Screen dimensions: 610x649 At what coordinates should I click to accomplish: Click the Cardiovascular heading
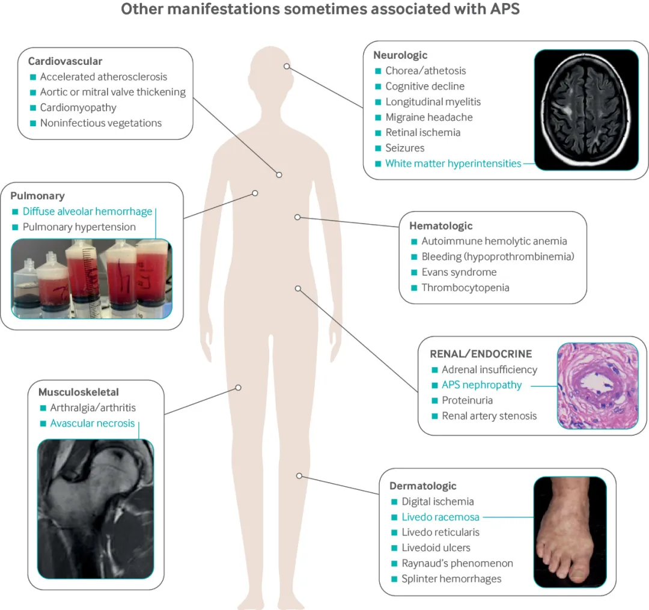tap(65, 61)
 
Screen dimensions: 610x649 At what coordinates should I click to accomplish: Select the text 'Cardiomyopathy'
tap(78, 108)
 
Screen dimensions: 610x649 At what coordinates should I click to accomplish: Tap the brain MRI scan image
tap(586, 109)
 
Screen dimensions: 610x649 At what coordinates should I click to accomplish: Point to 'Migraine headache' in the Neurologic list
tap(429, 117)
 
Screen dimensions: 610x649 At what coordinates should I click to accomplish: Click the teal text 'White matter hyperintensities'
tap(453, 163)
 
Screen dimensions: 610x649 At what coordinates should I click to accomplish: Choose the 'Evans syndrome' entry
tap(459, 272)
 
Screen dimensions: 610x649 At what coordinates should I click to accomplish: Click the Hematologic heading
tap(440, 226)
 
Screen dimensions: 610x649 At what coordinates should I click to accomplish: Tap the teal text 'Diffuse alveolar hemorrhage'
tap(87, 212)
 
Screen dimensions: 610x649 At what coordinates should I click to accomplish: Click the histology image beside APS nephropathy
tap(597, 386)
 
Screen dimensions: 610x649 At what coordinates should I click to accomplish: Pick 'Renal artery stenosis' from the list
tap(489, 416)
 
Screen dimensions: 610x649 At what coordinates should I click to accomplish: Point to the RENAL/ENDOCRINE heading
tap(481, 354)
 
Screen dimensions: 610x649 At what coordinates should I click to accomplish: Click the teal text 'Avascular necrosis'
tap(93, 423)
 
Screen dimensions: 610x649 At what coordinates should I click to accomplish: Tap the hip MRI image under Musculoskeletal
tap(96, 508)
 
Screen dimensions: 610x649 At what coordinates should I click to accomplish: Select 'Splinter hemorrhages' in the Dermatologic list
tap(451, 579)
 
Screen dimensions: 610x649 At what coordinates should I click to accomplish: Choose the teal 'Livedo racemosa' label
tap(440, 517)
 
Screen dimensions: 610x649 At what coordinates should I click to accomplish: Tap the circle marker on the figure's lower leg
tap(299, 476)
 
